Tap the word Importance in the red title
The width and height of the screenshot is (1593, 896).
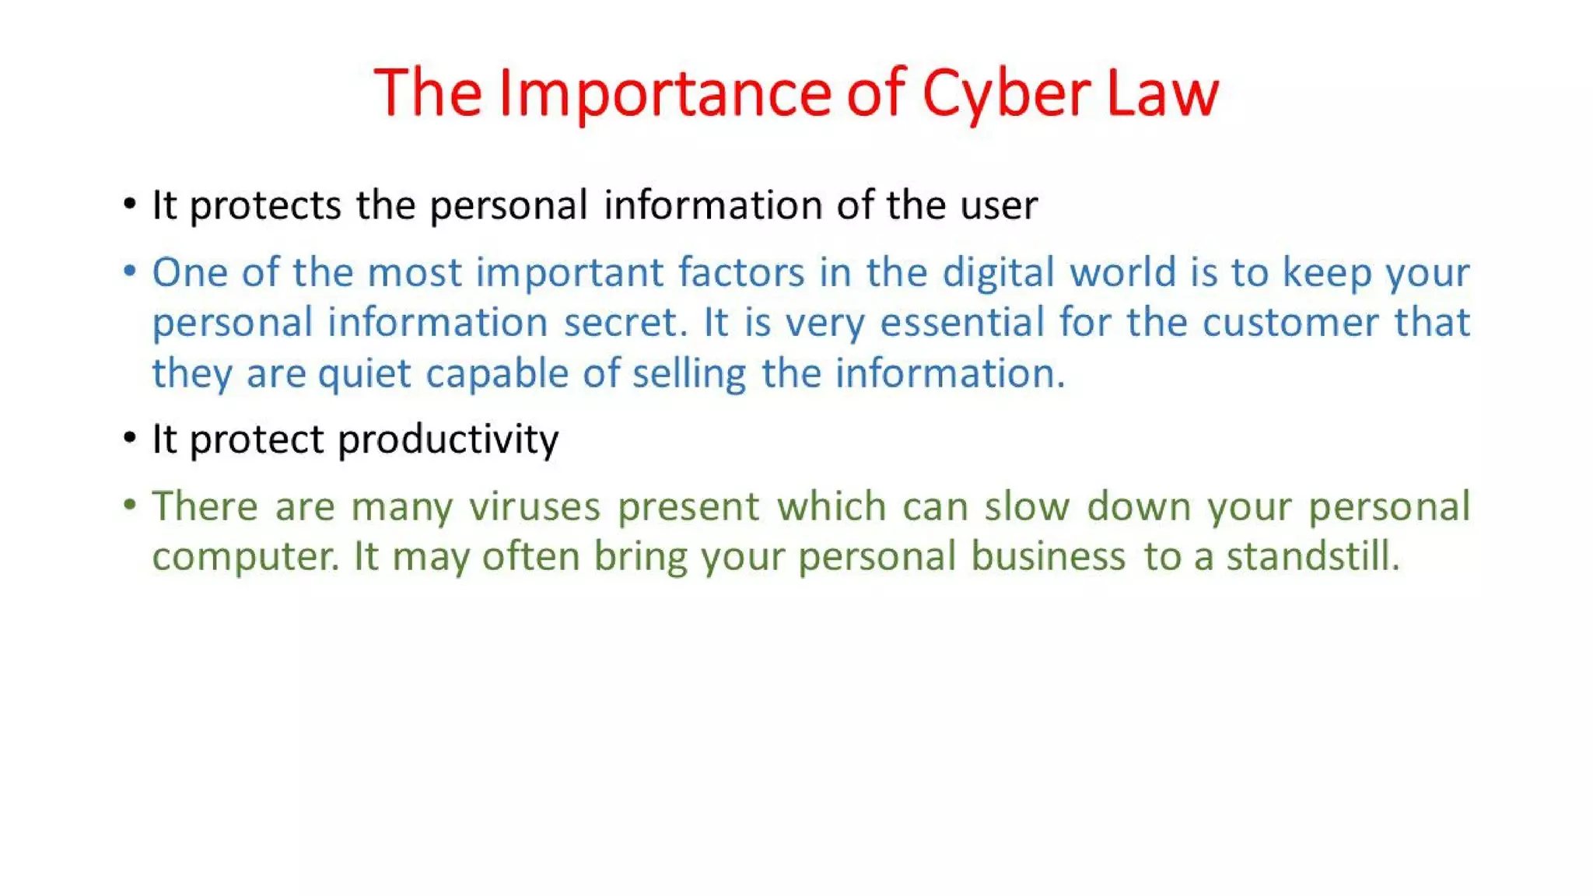(666, 93)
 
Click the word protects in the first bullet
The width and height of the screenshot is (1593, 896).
(265, 206)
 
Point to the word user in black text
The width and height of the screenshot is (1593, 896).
(999, 206)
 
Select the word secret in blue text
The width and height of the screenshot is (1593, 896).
(625, 323)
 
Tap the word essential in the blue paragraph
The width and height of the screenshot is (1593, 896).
(961, 323)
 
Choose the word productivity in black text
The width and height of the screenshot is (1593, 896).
(448, 440)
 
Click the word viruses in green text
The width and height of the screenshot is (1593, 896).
(535, 507)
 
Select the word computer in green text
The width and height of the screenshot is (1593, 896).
(244, 557)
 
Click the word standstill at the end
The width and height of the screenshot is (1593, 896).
(1312, 557)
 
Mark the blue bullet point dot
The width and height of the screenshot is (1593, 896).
(130, 271)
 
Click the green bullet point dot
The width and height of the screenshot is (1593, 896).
(130, 506)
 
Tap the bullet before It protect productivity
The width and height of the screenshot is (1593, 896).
(130, 439)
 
